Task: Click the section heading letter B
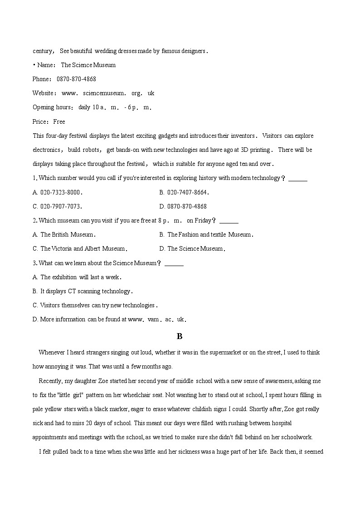click(180, 336)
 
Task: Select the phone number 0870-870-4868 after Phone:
click(76, 79)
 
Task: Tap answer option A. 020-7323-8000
click(58, 192)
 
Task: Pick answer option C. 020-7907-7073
click(58, 206)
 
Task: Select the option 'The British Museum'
click(64, 234)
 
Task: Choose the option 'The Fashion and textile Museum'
click(206, 234)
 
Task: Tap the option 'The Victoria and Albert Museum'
click(80, 248)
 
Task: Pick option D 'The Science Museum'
click(192, 248)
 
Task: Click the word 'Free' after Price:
click(59, 121)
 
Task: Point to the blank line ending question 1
click(297, 178)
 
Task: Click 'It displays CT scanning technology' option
click(83, 291)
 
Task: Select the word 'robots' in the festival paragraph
click(92, 150)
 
